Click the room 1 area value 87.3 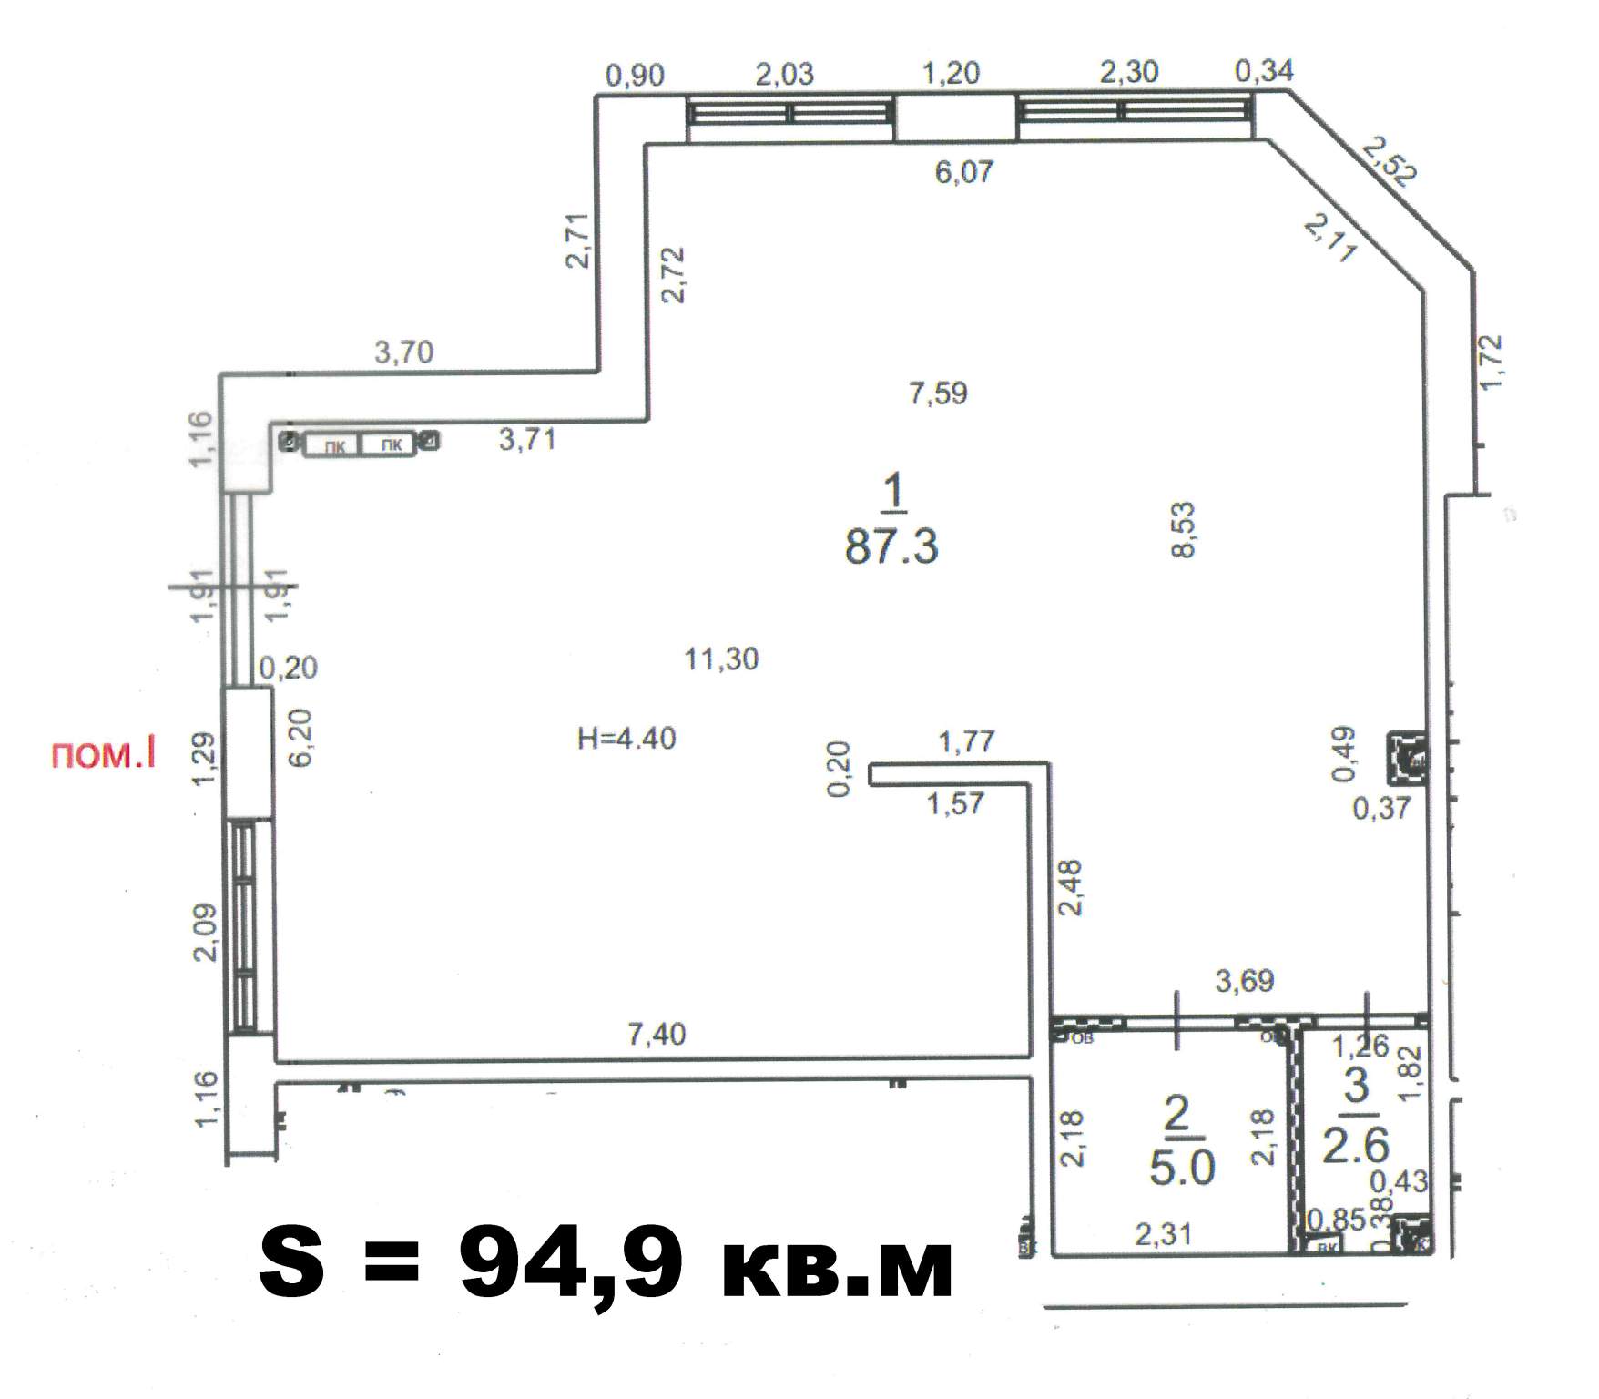[x=891, y=547]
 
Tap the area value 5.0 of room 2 [x=1181, y=1168]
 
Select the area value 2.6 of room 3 [x=1355, y=1145]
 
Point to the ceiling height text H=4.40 [x=626, y=738]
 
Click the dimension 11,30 [x=721, y=659]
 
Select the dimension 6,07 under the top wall [x=963, y=171]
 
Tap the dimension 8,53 [x=1184, y=529]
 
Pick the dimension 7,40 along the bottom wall [x=657, y=1034]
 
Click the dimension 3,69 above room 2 [x=1245, y=981]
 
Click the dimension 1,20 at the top [x=951, y=73]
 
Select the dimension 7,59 [x=938, y=393]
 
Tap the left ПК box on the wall [x=334, y=445]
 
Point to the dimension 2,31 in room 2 [x=1163, y=1234]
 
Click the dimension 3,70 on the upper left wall [x=403, y=352]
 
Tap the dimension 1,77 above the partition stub [x=966, y=741]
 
